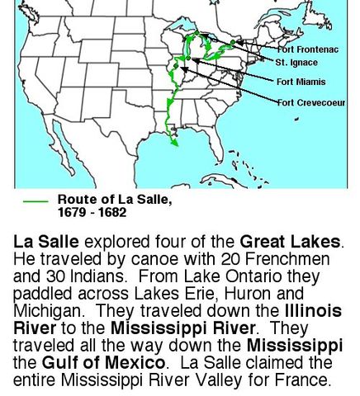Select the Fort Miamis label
point(301,82)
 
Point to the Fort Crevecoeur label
point(311,102)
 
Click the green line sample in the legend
point(35,200)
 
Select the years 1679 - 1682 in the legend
point(92,212)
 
